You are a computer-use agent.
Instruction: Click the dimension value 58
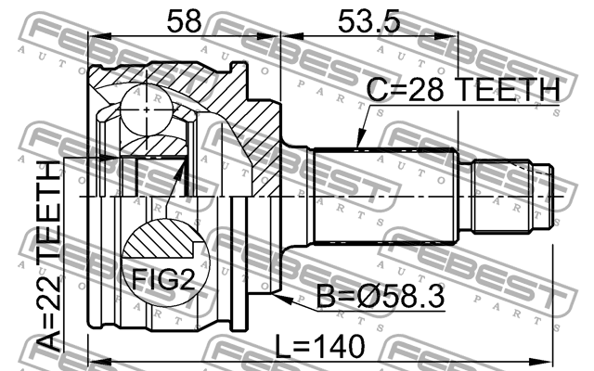point(184,21)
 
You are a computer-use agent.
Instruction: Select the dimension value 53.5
point(368,21)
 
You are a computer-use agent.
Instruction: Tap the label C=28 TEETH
point(463,90)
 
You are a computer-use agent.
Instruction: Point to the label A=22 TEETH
point(50,256)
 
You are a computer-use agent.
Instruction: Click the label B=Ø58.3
point(381,297)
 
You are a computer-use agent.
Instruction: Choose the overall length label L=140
point(319,346)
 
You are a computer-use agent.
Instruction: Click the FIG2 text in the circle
point(163,279)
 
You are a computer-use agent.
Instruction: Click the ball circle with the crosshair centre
point(147,110)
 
